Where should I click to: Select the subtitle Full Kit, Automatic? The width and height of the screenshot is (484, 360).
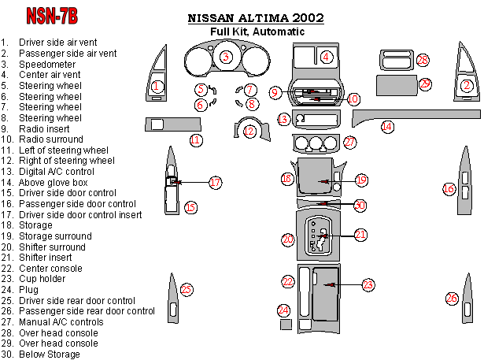pos(257,32)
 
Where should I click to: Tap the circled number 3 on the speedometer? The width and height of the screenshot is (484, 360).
pos(226,56)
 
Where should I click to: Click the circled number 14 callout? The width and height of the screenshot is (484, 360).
pos(387,126)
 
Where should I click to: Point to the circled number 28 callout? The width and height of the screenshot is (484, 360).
pos(423,61)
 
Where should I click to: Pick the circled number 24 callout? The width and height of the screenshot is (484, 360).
pos(283,310)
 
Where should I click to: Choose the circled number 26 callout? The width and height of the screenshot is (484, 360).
pos(452,298)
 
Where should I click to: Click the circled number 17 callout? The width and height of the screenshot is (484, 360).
pos(215,182)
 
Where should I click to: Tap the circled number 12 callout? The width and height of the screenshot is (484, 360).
pos(249,132)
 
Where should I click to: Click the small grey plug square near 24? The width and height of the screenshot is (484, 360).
pos(286,325)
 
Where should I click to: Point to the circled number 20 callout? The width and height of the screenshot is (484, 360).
pos(288,238)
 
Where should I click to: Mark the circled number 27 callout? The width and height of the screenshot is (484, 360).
pos(350,143)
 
